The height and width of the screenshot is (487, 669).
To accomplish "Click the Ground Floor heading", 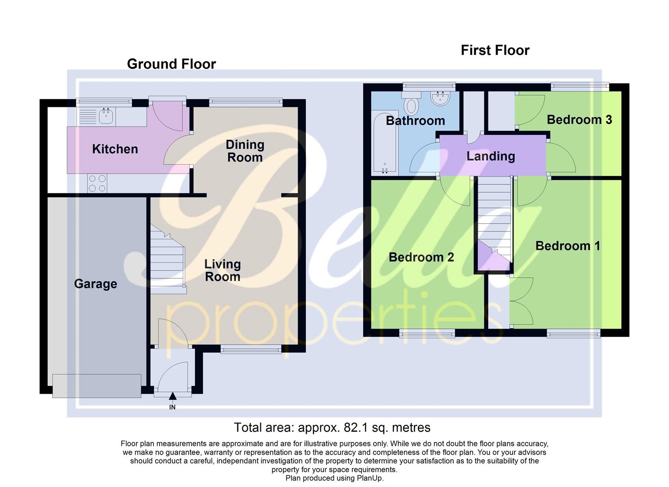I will (x=171, y=64).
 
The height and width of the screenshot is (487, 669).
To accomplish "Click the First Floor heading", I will (x=495, y=50).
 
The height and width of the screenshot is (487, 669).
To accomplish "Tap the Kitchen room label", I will (x=115, y=149).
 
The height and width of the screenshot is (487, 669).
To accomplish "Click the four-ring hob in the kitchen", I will (x=97, y=184).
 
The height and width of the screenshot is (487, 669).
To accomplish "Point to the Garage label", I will (x=96, y=284).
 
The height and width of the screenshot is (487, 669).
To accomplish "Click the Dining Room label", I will (x=245, y=151).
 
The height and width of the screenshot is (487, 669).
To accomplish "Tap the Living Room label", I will (x=223, y=271).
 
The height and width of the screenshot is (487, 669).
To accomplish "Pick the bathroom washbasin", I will (x=440, y=98).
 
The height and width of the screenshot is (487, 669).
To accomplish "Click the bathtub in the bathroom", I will (x=385, y=142).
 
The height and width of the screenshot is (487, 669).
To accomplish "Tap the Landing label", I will (x=491, y=156).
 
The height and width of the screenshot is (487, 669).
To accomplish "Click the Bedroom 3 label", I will (x=579, y=120).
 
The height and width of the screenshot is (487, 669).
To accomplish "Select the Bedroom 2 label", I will (x=421, y=257).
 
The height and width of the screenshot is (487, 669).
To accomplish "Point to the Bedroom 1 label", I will (x=567, y=246).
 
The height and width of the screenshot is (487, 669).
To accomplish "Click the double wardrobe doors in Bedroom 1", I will (x=521, y=301).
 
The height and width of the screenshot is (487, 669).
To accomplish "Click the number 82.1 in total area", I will (x=355, y=427).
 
